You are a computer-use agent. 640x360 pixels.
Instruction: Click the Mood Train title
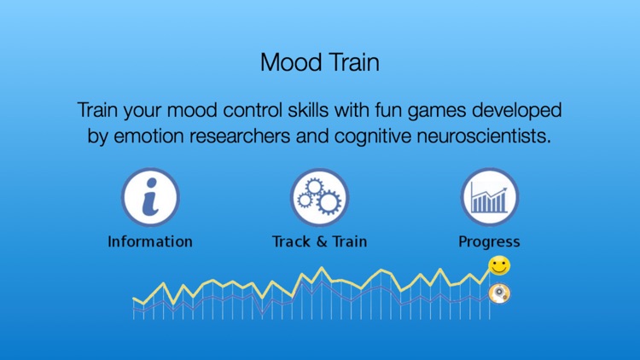click(x=319, y=62)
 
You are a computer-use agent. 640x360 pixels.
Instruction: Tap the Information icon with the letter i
click(x=149, y=197)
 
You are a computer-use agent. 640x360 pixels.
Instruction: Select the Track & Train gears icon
click(x=319, y=197)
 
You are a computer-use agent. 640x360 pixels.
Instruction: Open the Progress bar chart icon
click(x=489, y=197)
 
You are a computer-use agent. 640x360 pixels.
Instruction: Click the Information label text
click(x=149, y=241)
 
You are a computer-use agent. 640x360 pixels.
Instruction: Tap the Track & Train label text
click(x=319, y=241)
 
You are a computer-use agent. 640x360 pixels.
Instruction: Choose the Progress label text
click(x=489, y=241)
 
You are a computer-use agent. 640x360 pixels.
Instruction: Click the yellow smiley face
click(x=499, y=266)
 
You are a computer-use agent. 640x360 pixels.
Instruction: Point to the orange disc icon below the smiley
click(x=499, y=294)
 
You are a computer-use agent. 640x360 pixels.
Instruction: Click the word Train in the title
click(x=352, y=62)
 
